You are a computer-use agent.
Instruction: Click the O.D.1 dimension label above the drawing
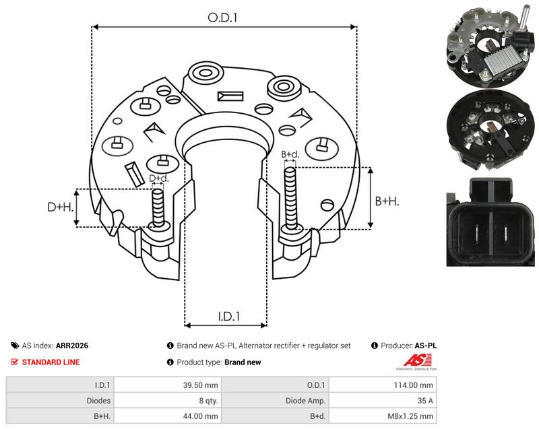click(x=222, y=18)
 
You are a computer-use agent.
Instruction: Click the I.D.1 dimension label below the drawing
click(x=229, y=317)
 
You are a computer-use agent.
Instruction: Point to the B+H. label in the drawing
click(x=387, y=201)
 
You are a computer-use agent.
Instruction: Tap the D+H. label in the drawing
click(x=61, y=207)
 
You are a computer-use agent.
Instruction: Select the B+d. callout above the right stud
click(x=290, y=155)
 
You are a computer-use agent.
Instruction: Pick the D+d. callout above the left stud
click(x=159, y=178)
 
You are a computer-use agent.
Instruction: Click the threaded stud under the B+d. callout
click(x=291, y=199)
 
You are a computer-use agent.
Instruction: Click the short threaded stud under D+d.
click(x=158, y=208)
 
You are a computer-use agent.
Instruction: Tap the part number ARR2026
click(x=72, y=345)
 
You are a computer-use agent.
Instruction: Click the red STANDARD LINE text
click(x=51, y=362)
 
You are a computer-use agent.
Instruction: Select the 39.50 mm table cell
click(x=200, y=385)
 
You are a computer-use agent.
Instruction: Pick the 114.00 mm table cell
click(x=413, y=385)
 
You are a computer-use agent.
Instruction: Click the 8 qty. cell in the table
click(x=208, y=401)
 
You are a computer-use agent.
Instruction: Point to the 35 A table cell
click(x=425, y=401)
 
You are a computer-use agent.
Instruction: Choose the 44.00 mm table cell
click(x=200, y=416)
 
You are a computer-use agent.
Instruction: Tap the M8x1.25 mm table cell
click(x=410, y=416)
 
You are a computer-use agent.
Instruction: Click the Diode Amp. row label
click(x=305, y=401)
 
